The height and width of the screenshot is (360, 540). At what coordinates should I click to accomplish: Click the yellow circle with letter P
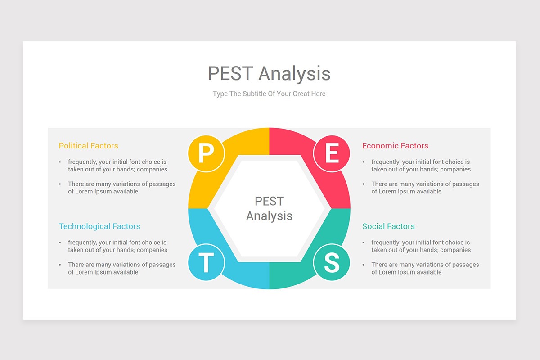pyautogui.click(x=206, y=153)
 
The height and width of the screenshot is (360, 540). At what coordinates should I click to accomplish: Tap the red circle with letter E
pyautogui.click(x=332, y=153)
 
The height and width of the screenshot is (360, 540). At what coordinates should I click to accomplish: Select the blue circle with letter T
pyautogui.click(x=206, y=262)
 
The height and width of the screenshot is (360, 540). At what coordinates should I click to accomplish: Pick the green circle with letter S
pyautogui.click(x=332, y=262)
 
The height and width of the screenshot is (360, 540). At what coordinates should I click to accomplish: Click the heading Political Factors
pyautogui.click(x=89, y=146)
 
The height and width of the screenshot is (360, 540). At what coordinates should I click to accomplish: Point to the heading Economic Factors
pyautogui.click(x=396, y=146)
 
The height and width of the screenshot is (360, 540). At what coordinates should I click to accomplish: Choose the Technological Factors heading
pyautogui.click(x=99, y=226)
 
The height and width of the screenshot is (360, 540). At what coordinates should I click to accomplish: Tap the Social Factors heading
pyautogui.click(x=389, y=226)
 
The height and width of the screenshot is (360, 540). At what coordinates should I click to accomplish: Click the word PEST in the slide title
pyautogui.click(x=230, y=73)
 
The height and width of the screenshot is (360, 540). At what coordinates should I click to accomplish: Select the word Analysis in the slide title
pyautogui.click(x=295, y=74)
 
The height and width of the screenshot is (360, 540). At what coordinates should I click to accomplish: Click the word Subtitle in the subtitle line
pyautogui.click(x=254, y=94)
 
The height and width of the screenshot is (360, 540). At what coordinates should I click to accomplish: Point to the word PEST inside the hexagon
pyautogui.click(x=269, y=201)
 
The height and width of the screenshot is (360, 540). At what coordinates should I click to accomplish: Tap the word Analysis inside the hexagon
pyautogui.click(x=269, y=216)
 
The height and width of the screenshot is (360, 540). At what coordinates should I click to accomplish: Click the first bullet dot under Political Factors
pyautogui.click(x=60, y=162)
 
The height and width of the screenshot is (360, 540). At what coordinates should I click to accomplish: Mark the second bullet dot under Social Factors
pyautogui.click(x=363, y=265)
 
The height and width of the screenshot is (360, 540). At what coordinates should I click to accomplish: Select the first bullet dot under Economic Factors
pyautogui.click(x=363, y=162)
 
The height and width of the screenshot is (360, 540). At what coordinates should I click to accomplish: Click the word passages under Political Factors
pyautogui.click(x=162, y=184)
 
